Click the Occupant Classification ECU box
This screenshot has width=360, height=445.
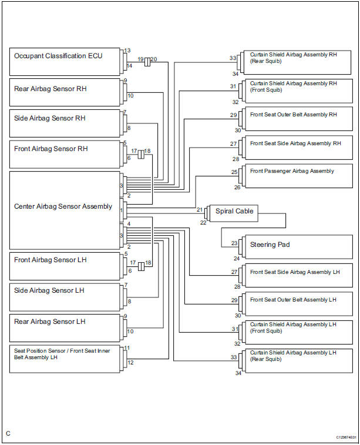tap(65, 61)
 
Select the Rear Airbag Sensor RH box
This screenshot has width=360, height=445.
tap(65, 92)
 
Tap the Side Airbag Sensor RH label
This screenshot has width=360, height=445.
tap(50, 118)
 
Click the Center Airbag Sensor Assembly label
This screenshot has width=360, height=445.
tap(63, 206)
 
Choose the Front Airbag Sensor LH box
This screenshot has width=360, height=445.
tap(65, 266)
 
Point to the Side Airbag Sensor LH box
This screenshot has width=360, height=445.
tap(65, 297)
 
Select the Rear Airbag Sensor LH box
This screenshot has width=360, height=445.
tap(65, 327)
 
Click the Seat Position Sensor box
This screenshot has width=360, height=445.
tap(65, 358)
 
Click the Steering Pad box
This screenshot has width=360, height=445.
tap(300, 247)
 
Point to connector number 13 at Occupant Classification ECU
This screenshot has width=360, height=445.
tap(127, 51)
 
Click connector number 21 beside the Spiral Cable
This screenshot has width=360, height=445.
tap(199, 210)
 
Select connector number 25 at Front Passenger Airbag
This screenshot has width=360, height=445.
tap(234, 172)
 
